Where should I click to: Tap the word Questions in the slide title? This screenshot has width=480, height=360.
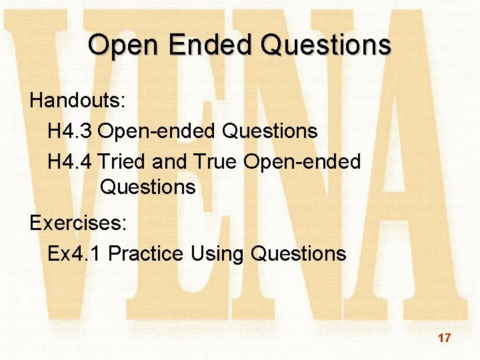coord(326,45)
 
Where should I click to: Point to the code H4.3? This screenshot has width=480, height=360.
coord(70,131)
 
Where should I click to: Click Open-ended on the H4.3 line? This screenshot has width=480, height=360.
coord(156,131)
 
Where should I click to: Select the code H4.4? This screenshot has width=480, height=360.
coord(70,161)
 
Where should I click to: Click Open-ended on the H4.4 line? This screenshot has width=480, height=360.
coord(302,161)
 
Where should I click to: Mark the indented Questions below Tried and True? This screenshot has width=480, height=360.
coord(148,187)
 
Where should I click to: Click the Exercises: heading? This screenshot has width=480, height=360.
coord(78,223)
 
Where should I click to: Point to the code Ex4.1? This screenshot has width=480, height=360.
coord(75,253)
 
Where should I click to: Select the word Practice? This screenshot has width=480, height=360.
coord(145,253)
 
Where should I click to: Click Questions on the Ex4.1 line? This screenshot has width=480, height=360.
coord(299,253)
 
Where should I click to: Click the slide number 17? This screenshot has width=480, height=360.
coord(444,338)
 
